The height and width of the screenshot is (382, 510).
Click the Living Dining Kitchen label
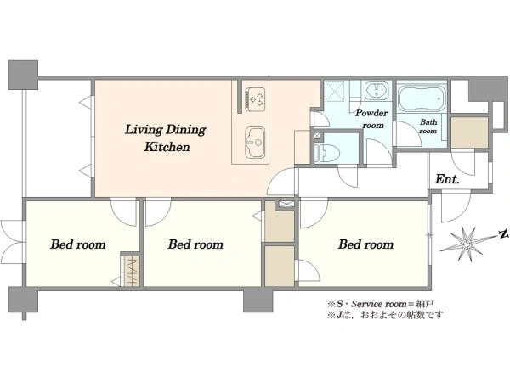pos(166,138)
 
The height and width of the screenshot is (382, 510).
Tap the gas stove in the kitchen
pos(255,97)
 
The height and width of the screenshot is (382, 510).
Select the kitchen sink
pos(255,143)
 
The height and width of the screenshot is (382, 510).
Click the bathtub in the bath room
pos(421,98)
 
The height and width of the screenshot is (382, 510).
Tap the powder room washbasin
pos(376,91)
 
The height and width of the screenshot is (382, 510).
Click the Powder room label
pos(371,119)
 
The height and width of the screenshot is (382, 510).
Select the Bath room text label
pos(428,126)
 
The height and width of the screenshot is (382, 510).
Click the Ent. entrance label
pos(447,179)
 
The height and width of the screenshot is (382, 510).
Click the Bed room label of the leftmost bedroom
pos(78,244)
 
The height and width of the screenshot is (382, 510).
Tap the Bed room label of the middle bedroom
pos(195,244)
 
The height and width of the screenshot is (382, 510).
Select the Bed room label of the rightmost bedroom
pos(365,244)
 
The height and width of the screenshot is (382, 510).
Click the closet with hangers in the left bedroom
pos(132,272)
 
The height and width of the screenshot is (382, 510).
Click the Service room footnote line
pos(381,305)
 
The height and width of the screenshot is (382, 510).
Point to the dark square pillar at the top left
pos(23,75)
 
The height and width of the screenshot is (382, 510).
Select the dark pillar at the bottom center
pos(258,301)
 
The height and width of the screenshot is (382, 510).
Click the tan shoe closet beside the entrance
pos(469,132)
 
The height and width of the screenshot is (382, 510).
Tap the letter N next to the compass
pos(504,234)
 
